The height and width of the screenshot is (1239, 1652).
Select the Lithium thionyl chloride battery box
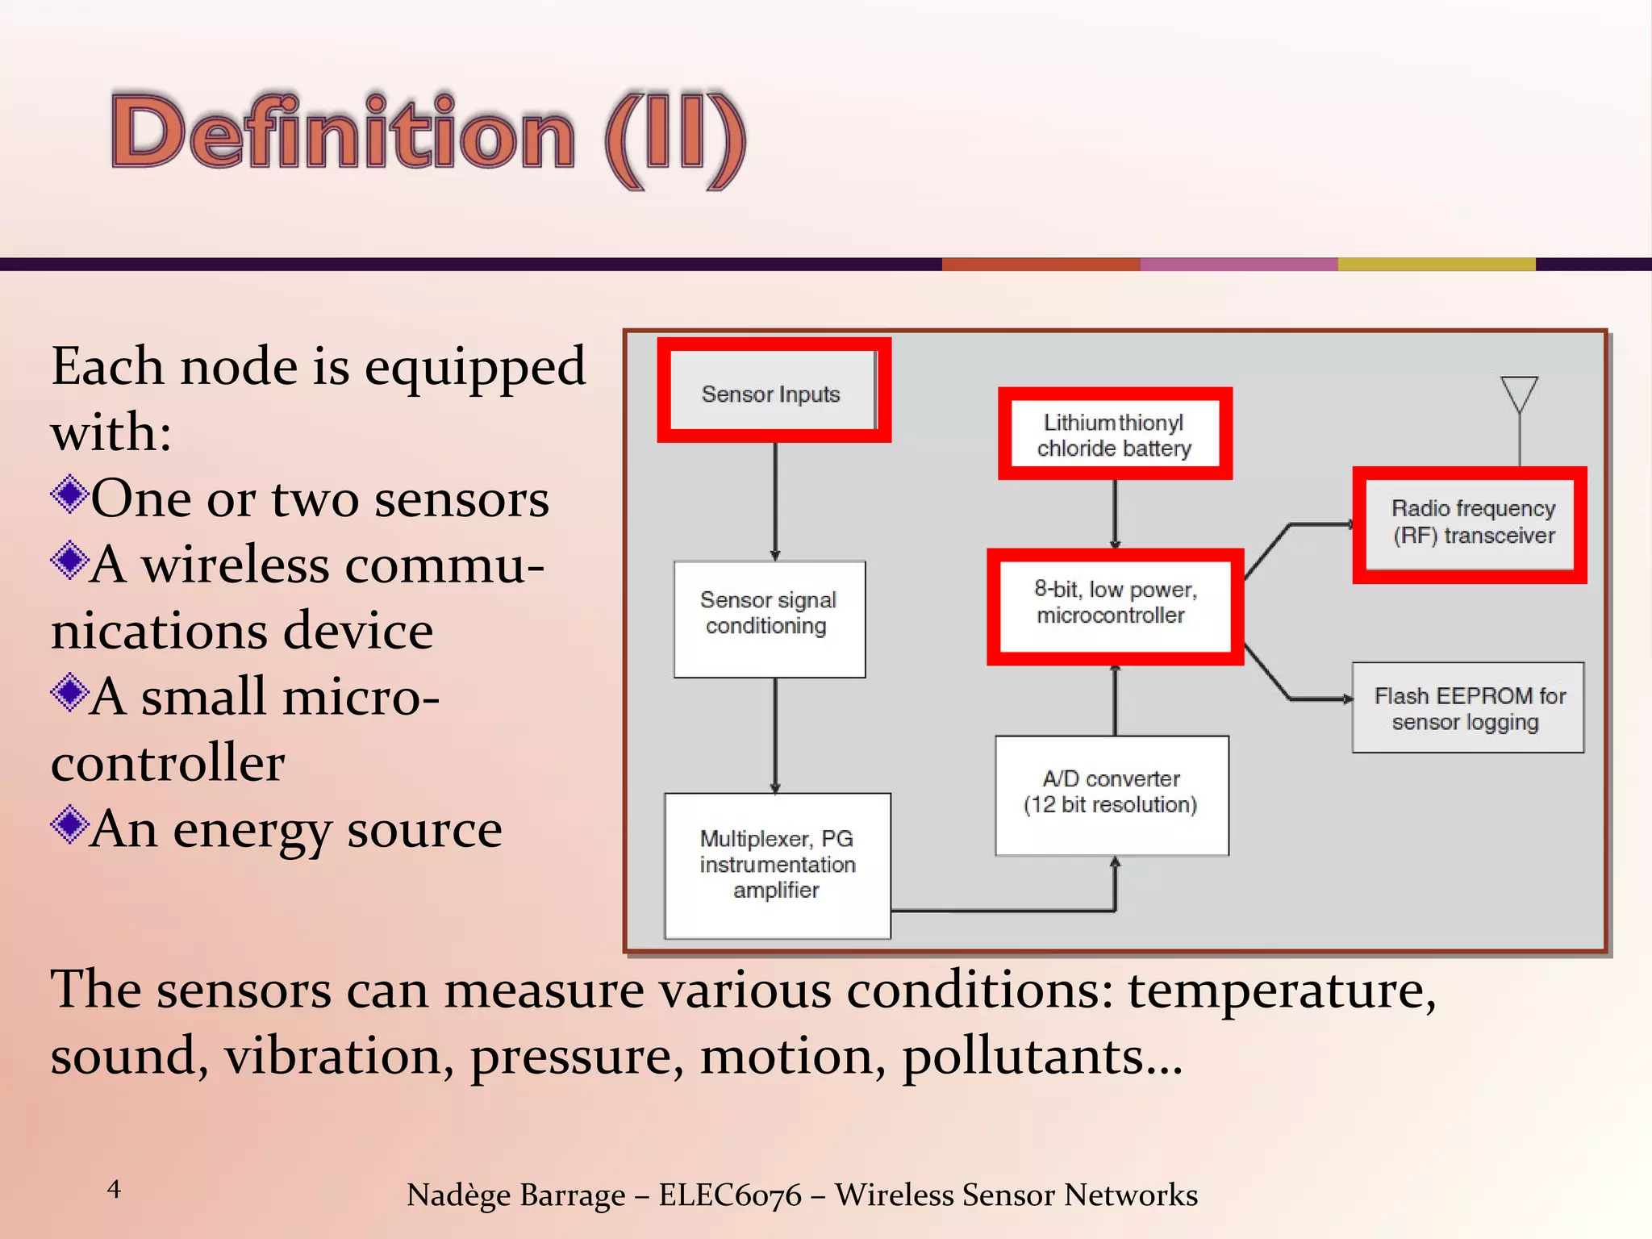1114,435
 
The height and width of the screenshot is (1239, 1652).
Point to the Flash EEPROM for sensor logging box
1467,708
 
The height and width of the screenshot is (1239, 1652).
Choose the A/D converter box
1112,793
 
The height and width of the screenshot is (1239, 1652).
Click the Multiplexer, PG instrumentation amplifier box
777,865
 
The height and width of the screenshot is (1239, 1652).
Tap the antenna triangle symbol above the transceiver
1519,394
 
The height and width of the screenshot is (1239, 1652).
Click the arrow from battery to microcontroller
1115,514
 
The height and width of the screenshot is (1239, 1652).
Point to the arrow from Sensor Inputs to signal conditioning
775,500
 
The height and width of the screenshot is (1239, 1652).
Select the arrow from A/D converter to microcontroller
1115,700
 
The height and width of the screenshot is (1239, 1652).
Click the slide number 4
114,1188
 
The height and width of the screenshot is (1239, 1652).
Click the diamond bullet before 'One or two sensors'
69,494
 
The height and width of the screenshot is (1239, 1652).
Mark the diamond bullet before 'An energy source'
69,824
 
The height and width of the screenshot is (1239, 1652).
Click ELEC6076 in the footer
729,1195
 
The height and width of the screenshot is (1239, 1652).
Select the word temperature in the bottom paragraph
1281,991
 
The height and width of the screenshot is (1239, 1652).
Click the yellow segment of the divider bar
1436,264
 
